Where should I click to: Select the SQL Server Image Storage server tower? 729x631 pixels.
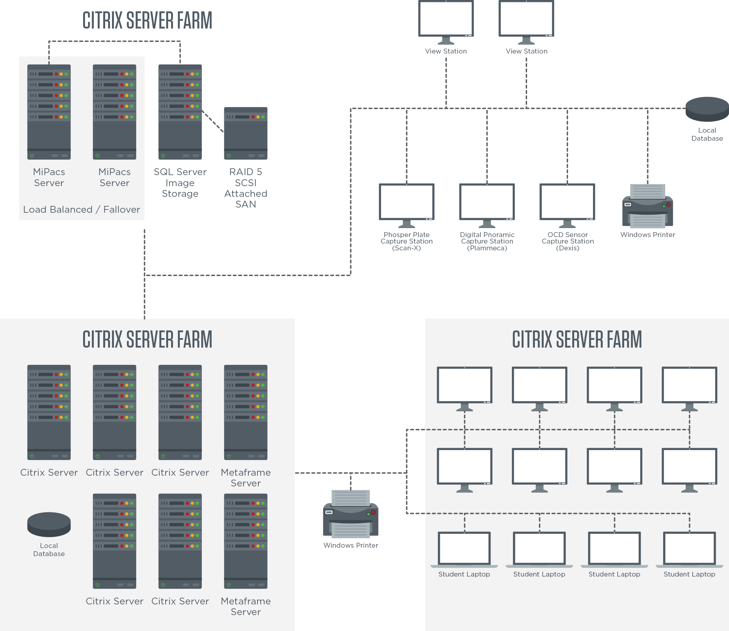click(180, 112)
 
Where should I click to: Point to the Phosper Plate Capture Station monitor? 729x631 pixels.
click(406, 202)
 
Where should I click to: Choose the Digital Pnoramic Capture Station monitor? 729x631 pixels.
click(487, 202)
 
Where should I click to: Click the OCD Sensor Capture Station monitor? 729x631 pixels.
click(567, 202)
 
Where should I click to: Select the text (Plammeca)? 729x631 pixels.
click(487, 248)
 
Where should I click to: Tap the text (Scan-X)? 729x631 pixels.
click(406, 248)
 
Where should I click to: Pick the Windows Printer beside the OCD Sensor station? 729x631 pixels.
click(648, 206)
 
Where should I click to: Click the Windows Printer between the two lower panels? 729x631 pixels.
click(351, 514)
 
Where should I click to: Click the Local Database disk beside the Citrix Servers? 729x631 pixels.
click(49, 524)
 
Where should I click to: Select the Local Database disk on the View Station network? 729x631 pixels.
click(707, 109)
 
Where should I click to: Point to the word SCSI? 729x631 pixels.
click(246, 183)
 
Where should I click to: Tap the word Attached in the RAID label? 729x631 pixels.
click(246, 194)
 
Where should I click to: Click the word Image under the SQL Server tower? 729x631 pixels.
click(180, 183)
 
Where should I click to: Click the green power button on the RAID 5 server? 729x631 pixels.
click(229, 156)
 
